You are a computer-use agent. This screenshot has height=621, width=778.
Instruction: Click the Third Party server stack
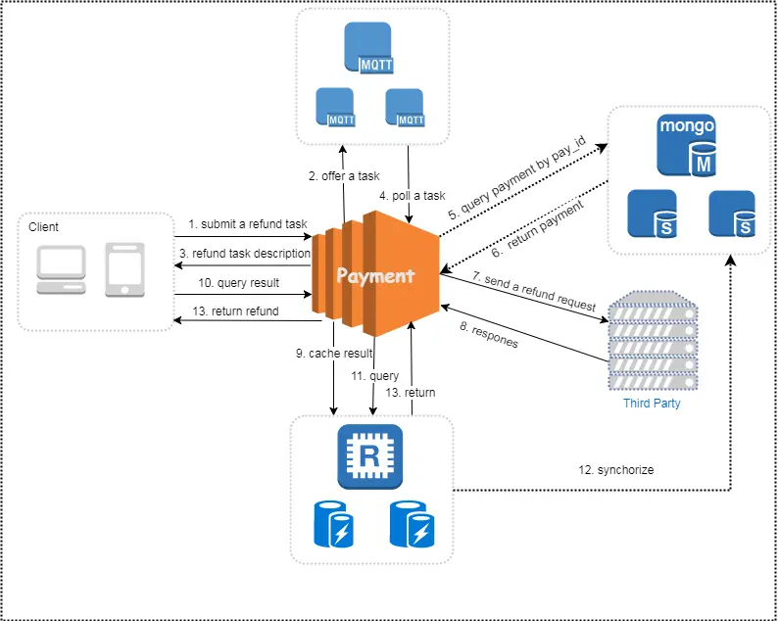652,340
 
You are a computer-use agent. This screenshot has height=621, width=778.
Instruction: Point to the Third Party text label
652,403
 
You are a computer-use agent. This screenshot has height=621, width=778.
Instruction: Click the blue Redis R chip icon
370,456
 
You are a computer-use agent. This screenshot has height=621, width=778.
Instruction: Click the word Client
43,227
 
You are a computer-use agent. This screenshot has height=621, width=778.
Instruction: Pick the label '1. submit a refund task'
248,224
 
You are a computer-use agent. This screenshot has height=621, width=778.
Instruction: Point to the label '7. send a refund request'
534,293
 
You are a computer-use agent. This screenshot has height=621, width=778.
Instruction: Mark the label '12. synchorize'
616,470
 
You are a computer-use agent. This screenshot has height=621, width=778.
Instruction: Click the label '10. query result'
238,283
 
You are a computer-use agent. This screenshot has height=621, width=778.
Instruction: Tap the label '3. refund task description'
244,254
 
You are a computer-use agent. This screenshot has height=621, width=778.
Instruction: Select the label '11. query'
374,375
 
